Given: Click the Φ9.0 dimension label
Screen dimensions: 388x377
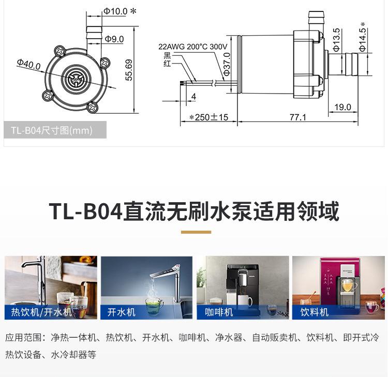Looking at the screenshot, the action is point(114,39).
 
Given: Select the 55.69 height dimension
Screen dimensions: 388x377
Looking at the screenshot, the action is point(129,69).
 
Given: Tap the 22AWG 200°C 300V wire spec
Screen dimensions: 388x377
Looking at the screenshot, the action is point(192,47).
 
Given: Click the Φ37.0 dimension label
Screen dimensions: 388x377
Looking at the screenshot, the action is point(227,64).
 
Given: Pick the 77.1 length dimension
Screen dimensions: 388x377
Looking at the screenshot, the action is point(297,117).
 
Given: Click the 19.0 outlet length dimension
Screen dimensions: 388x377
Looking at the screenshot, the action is point(342,107).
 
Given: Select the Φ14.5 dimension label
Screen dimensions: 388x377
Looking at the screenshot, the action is point(363,37).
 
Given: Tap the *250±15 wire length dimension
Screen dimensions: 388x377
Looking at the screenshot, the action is point(208,117).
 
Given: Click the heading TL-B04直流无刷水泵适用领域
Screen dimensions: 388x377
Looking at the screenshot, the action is point(194,212).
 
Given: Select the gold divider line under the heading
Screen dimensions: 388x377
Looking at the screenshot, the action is point(196,232).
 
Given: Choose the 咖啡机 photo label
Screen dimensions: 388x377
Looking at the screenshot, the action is point(219,312).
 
